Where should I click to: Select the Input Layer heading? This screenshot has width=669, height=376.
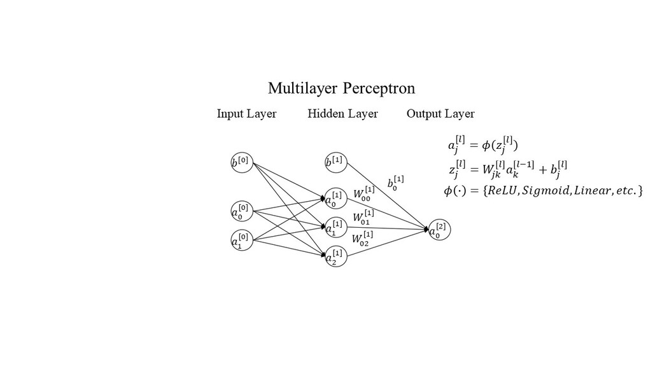[246, 114]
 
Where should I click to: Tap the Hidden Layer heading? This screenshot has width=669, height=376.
[342, 114]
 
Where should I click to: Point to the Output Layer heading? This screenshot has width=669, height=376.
[440, 114]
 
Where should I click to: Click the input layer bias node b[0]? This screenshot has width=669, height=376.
[241, 162]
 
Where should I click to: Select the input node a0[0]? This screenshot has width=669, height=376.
[241, 211]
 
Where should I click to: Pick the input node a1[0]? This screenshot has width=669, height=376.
[241, 240]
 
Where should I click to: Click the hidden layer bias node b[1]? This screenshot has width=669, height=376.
[335, 162]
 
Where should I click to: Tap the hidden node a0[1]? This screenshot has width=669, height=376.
[335, 198]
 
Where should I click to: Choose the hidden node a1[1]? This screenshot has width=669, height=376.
[335, 227]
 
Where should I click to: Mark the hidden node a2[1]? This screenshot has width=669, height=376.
[335, 256]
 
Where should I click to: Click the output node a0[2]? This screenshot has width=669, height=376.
[439, 230]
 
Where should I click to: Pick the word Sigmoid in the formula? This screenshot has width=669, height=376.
[546, 190]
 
